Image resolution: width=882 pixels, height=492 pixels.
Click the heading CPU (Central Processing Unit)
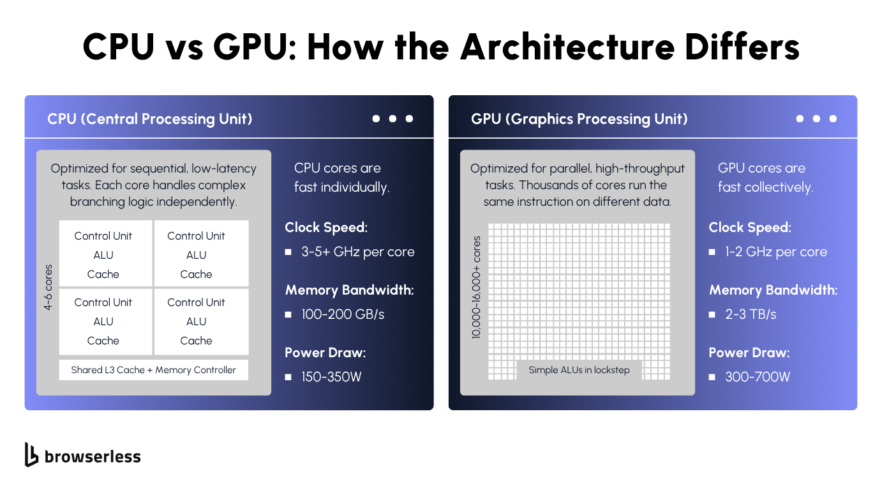tap(150, 119)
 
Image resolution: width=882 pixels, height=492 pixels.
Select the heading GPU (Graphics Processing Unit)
tap(579, 119)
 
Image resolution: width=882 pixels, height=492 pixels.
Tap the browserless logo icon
tap(31, 454)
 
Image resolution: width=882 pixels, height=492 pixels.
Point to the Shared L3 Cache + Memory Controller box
tap(153, 370)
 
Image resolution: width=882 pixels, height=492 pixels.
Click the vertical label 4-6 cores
tap(49, 288)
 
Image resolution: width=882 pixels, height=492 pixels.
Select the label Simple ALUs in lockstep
tap(579, 370)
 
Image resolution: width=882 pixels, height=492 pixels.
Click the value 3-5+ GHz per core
tap(357, 252)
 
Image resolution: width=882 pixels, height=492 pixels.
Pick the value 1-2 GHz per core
tap(775, 252)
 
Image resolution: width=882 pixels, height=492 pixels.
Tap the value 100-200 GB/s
tap(343, 314)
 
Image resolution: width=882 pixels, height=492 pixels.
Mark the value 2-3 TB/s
tap(751, 314)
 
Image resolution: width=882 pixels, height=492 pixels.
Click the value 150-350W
tap(331, 377)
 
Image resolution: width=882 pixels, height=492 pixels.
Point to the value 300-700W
tap(758, 377)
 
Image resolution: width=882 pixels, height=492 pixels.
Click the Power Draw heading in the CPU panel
tap(325, 353)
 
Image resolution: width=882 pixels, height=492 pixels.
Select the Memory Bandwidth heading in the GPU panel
tap(773, 290)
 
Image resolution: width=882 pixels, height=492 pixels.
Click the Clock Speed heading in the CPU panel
tap(326, 227)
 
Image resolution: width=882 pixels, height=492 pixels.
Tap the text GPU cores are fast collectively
tap(765, 178)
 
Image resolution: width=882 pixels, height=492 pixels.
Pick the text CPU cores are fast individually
tap(341, 178)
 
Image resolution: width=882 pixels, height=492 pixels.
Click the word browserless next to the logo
tap(93, 456)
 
